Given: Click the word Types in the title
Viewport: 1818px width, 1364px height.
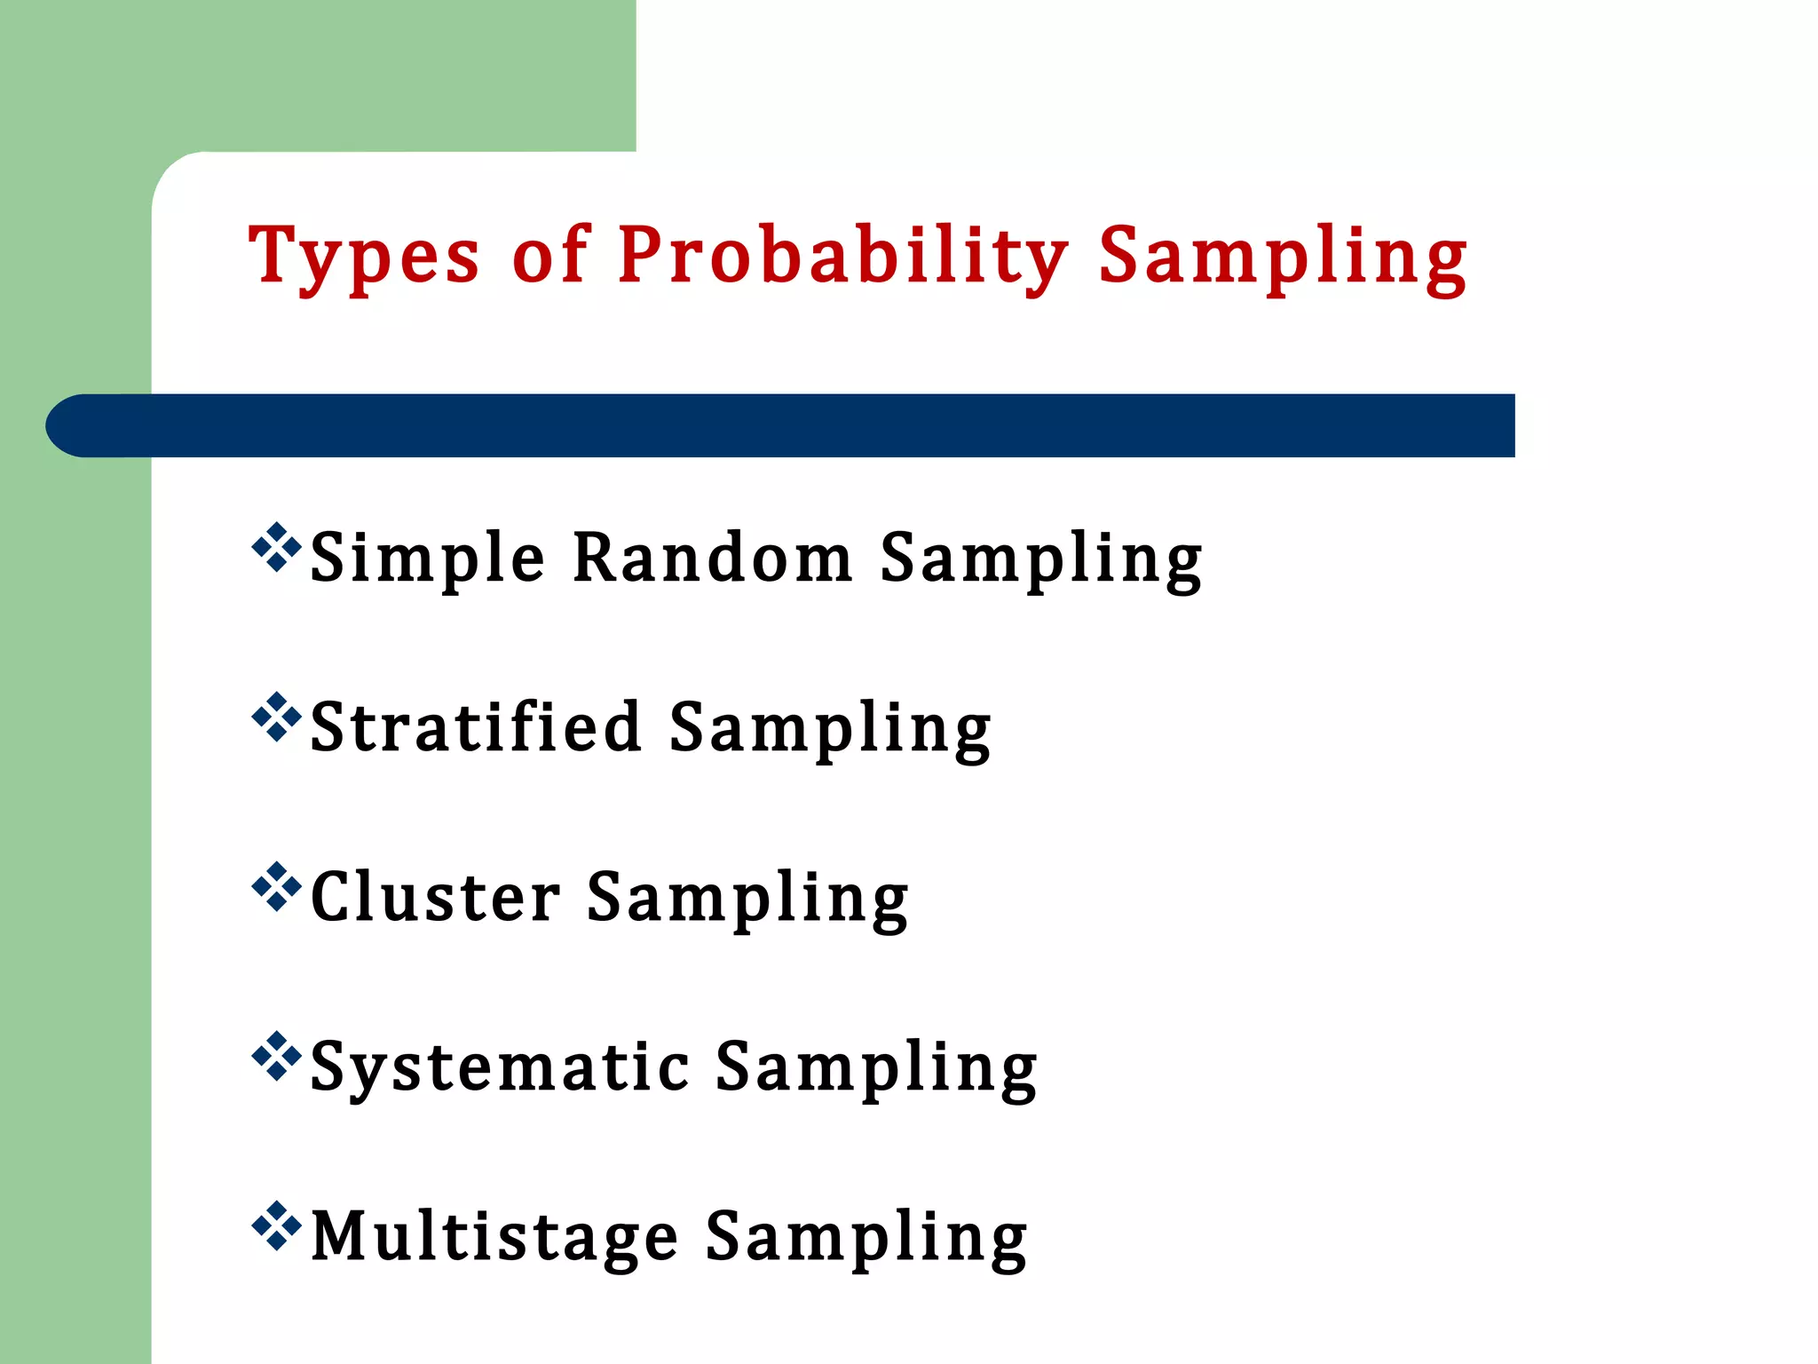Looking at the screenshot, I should coord(364,258).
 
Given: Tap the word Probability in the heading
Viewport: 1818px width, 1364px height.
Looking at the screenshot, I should coord(842,258).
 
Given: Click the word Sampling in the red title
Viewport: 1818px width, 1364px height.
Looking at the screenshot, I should coord(1282,258).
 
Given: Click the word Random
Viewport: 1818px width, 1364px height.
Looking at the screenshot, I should coord(712,558).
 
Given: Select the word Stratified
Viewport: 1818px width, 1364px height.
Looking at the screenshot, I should coord(476,727).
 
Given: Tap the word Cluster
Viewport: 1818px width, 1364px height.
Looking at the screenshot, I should coord(435,897).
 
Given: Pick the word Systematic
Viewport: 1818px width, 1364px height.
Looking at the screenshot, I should coord(500,1067).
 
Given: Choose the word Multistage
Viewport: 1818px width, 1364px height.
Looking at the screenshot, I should coord(494,1237).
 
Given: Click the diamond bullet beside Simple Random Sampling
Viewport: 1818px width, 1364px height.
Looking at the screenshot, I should coord(276,547).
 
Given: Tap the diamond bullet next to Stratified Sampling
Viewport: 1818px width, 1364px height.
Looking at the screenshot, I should coord(276,717).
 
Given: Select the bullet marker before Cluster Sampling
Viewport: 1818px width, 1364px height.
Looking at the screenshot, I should coord(276,886).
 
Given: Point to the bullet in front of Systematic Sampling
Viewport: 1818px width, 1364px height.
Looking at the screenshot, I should coord(276,1056).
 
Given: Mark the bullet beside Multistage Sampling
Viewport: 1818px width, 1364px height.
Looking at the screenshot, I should coord(276,1225).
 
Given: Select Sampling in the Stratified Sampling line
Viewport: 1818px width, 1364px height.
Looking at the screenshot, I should coord(829,729).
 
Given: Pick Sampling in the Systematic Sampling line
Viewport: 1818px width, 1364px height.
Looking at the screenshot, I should coord(876,1068).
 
